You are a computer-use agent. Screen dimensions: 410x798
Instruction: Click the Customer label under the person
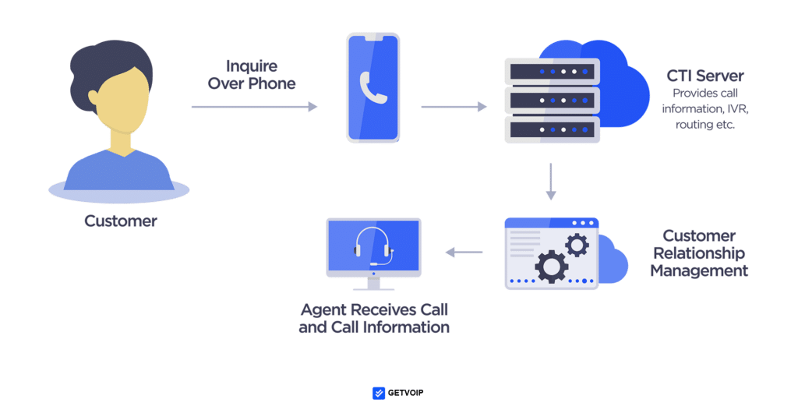(121, 221)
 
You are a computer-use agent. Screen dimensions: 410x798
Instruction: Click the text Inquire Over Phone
(251, 74)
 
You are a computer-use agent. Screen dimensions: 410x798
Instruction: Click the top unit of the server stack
(552, 71)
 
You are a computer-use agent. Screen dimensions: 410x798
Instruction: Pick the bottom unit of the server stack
(552, 129)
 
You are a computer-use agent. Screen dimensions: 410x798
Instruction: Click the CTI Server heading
(704, 76)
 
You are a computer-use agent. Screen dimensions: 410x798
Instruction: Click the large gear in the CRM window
(551, 266)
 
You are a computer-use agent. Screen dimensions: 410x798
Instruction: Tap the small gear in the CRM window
(577, 246)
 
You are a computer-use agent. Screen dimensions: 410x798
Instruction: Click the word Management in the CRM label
(699, 271)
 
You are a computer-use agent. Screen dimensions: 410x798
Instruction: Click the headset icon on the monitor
(373, 248)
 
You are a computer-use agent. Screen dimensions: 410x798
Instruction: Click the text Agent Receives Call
(373, 309)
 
